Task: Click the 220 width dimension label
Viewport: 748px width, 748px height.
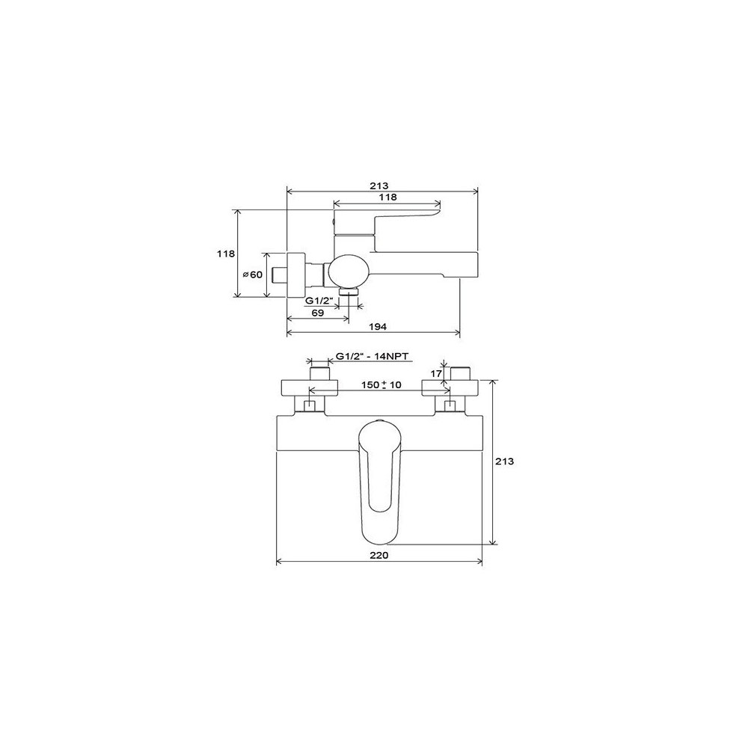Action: pyautogui.click(x=378, y=555)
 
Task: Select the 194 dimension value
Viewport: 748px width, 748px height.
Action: pyautogui.click(x=378, y=326)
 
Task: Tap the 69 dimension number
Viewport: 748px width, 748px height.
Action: pyautogui.click(x=318, y=313)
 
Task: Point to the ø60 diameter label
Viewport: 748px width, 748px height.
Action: pyautogui.click(x=252, y=275)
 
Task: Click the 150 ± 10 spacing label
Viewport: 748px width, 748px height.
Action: pyautogui.click(x=381, y=384)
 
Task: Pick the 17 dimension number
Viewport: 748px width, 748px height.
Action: pyautogui.click(x=437, y=373)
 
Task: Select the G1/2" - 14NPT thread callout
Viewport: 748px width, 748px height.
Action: pyautogui.click(x=373, y=356)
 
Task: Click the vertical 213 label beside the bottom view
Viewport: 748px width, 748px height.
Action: pyautogui.click(x=505, y=462)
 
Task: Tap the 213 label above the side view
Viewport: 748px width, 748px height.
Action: pyautogui.click(x=379, y=186)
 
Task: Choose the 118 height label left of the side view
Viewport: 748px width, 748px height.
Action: pyautogui.click(x=226, y=254)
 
